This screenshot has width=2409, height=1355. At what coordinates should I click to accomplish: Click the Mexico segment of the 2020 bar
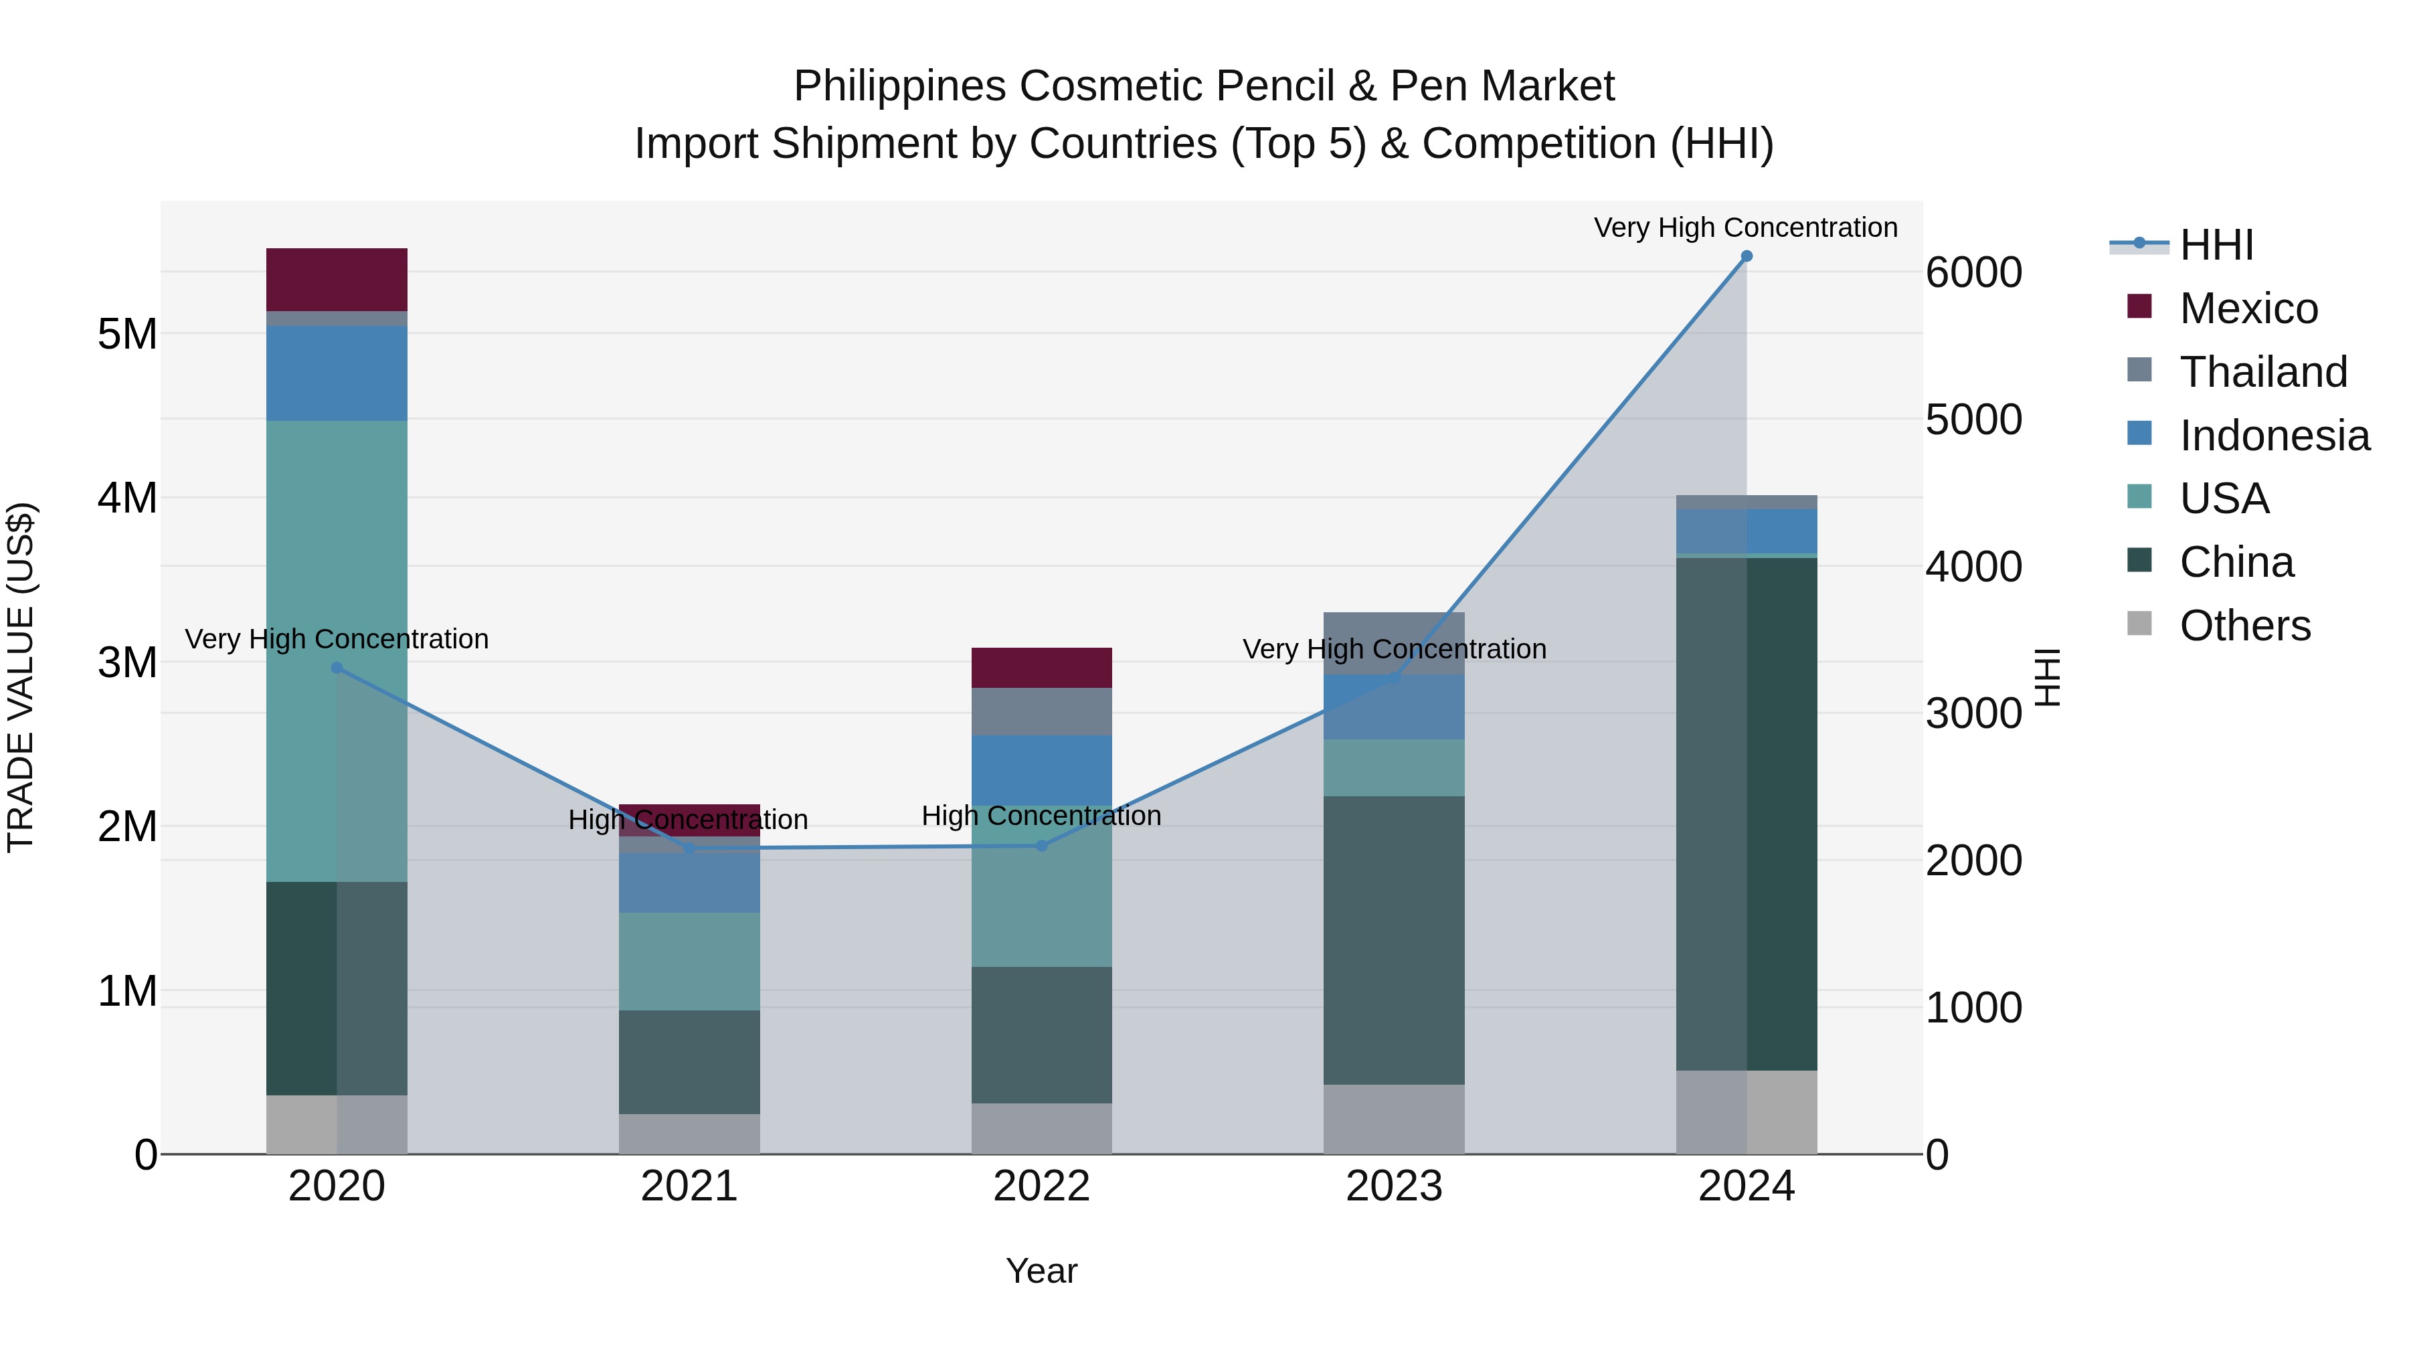click(x=337, y=278)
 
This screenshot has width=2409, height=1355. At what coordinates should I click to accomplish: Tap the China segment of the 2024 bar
click(x=1746, y=814)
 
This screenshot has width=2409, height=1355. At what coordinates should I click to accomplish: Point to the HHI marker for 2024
click(x=1746, y=256)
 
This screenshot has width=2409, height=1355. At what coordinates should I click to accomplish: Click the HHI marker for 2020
click(x=337, y=668)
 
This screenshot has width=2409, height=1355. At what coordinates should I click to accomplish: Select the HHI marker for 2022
click(x=1042, y=845)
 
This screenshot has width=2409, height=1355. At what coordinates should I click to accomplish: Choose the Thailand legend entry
click(x=2263, y=372)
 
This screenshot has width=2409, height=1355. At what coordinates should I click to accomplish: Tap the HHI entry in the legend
click(x=2216, y=245)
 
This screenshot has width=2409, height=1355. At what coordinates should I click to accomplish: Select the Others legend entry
click(x=2244, y=626)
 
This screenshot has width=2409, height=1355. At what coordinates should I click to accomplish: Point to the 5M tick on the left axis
click(x=127, y=334)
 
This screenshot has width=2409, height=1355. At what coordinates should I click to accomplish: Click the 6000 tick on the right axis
click(x=1973, y=273)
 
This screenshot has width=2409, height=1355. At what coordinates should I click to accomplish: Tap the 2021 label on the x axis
click(x=689, y=1186)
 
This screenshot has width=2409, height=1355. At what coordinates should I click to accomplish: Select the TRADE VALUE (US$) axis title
click(x=21, y=677)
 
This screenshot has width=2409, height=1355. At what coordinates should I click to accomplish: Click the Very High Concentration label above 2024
click(x=1745, y=228)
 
